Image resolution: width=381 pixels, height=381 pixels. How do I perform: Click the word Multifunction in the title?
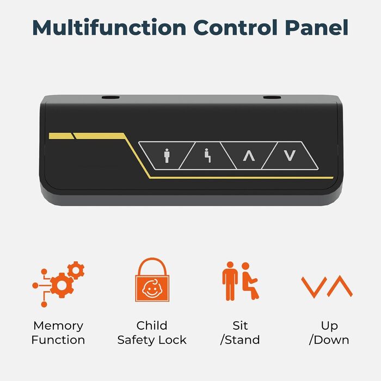(109, 27)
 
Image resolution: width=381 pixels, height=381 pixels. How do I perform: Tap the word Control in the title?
(236, 27)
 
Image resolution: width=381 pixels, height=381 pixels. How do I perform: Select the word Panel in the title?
(317, 27)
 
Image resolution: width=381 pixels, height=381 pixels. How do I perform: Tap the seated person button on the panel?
(207, 156)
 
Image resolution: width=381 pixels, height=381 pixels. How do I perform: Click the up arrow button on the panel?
(249, 156)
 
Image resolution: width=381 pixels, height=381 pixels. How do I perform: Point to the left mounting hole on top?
(110, 97)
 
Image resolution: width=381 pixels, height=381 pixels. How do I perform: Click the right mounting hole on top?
(272, 97)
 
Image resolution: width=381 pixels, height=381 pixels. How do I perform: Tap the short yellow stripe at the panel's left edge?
(61, 136)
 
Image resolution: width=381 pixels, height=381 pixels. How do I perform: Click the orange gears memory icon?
(58, 284)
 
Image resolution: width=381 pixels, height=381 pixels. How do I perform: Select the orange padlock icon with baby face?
(152, 280)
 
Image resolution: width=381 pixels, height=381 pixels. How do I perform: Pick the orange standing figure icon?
(230, 281)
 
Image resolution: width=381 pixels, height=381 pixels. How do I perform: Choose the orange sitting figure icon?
(250, 281)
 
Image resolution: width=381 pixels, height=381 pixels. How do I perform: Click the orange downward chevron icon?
(314, 287)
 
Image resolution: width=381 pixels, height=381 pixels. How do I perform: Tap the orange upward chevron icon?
(340, 286)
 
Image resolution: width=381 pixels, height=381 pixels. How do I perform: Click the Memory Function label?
(58, 333)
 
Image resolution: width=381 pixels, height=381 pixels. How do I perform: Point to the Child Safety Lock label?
(152, 333)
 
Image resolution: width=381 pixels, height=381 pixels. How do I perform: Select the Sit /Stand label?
(240, 333)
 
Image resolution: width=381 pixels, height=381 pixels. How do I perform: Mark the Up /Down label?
(329, 333)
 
